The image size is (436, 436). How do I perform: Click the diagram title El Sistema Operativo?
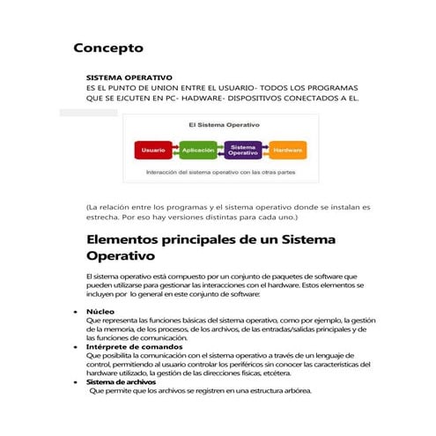tap(218, 125)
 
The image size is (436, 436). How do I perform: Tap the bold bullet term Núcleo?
tap(100, 312)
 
